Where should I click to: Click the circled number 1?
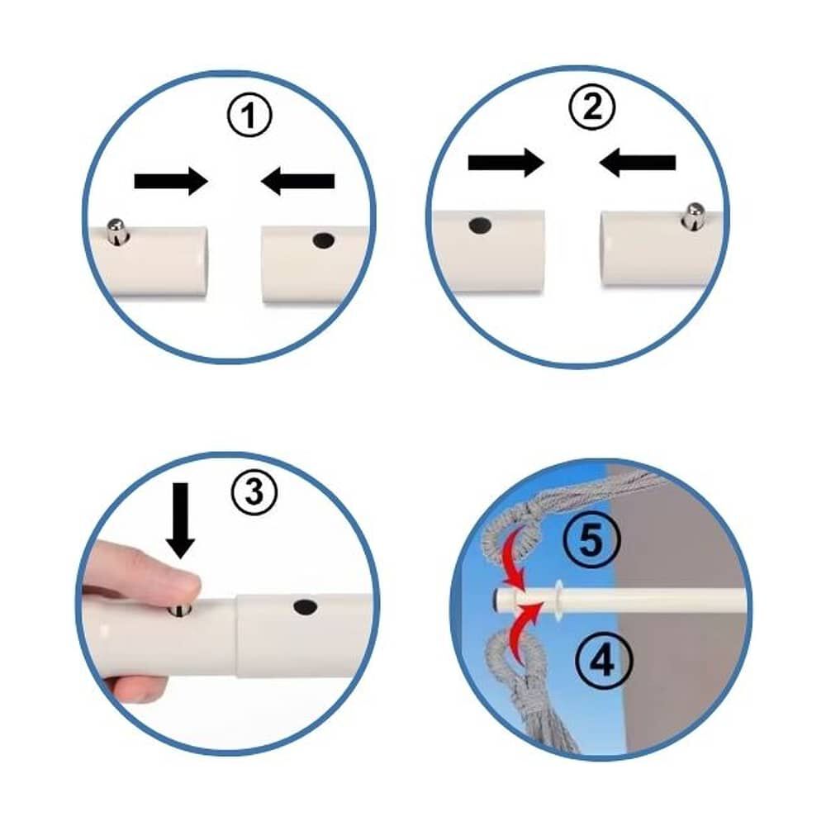(x=249, y=116)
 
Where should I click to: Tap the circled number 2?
(x=591, y=107)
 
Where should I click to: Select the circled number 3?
(x=254, y=492)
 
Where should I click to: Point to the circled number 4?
(x=603, y=661)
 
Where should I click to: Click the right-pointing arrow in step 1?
(x=171, y=181)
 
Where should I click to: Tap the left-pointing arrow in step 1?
(x=297, y=181)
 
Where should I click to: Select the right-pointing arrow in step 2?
(x=506, y=163)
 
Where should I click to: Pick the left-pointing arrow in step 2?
(x=638, y=162)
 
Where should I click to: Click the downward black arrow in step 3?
(x=181, y=520)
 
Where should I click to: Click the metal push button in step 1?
(x=116, y=231)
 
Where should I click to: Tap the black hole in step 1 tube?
(x=324, y=240)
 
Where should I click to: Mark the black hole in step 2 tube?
(x=479, y=225)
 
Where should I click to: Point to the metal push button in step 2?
(x=694, y=216)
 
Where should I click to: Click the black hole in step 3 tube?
(x=305, y=607)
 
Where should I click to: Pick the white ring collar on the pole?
(x=558, y=599)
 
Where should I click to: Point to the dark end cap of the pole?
(x=496, y=599)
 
